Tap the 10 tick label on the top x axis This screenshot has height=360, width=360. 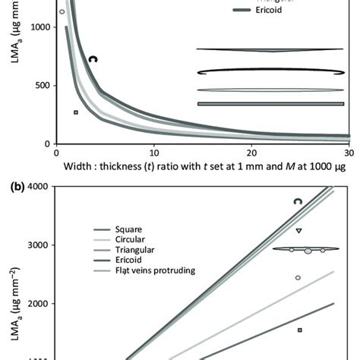[x=154, y=152]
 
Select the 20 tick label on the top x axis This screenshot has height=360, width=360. [x=251, y=152]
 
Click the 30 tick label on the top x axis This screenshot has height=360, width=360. [x=349, y=152]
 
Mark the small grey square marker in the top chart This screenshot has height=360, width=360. [x=76, y=112]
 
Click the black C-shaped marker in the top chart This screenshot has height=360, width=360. [x=93, y=58]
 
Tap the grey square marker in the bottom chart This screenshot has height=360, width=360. [x=300, y=330]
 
